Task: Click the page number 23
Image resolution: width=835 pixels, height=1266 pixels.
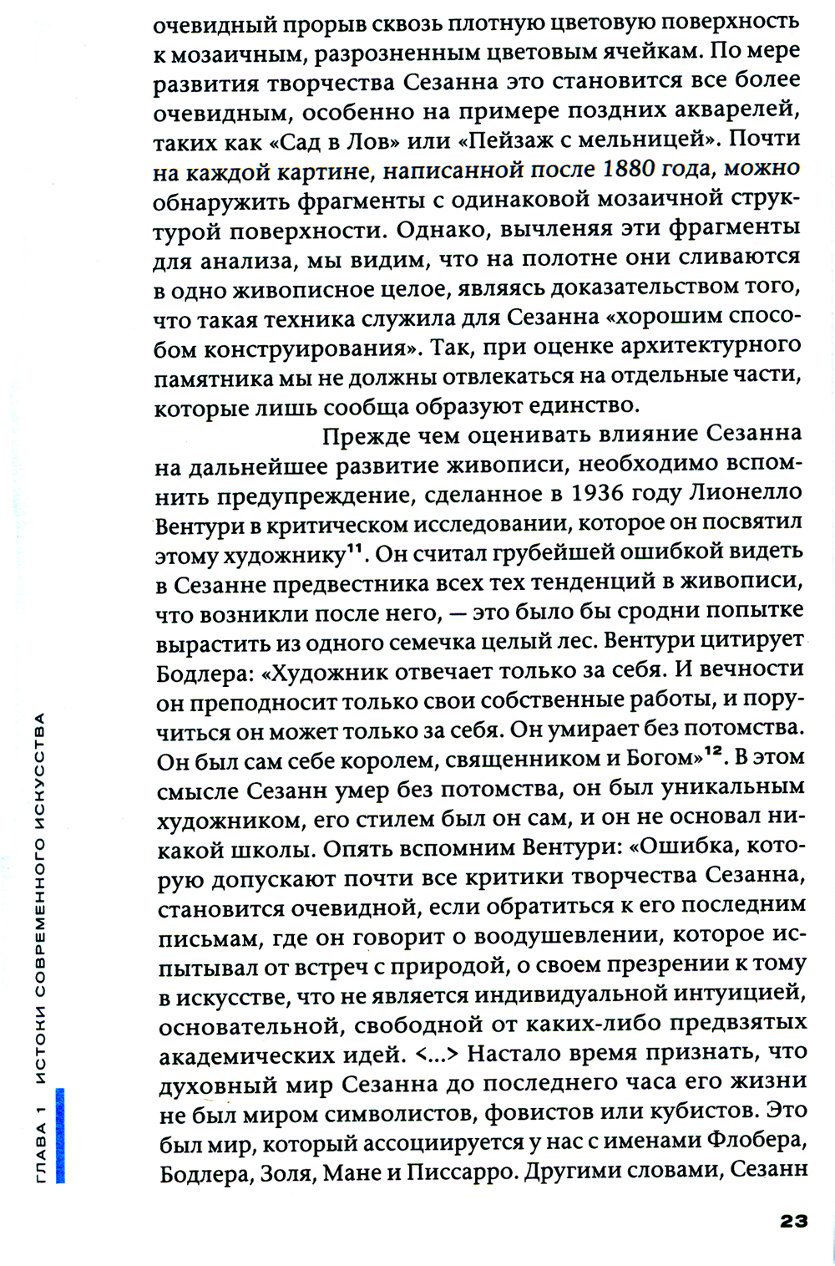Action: [x=793, y=1220]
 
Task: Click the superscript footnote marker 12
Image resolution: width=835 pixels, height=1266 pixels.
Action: [x=711, y=753]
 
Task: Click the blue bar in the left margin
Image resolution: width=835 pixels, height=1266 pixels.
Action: [x=58, y=1133]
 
